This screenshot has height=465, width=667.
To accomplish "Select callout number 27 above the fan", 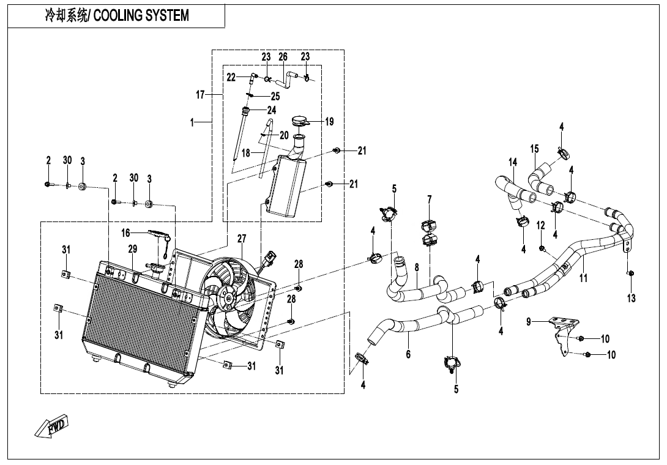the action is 242,239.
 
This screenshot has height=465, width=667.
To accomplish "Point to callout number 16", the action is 125,233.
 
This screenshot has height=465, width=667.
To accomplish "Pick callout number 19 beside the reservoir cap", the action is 330,122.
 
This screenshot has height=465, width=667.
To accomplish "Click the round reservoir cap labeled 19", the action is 300,121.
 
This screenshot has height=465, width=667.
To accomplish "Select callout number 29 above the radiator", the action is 133,249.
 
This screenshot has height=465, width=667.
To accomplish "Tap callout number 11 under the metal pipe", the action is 584,278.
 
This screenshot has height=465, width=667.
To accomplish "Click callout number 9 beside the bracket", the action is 529,322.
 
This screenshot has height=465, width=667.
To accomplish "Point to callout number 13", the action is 632,298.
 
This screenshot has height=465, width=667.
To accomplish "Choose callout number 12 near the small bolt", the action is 541,226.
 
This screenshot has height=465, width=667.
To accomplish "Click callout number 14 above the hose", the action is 513,162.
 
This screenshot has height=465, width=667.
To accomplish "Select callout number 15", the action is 535,149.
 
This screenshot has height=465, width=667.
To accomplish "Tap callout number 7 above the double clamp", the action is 430,199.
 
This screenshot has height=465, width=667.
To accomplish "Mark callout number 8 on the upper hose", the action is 417,267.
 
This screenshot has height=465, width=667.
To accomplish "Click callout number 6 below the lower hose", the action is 408,354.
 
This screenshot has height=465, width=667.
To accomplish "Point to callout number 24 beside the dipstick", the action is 272,110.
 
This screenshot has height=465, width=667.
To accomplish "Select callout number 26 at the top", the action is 283,57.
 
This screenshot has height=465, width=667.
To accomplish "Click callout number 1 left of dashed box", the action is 192,122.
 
